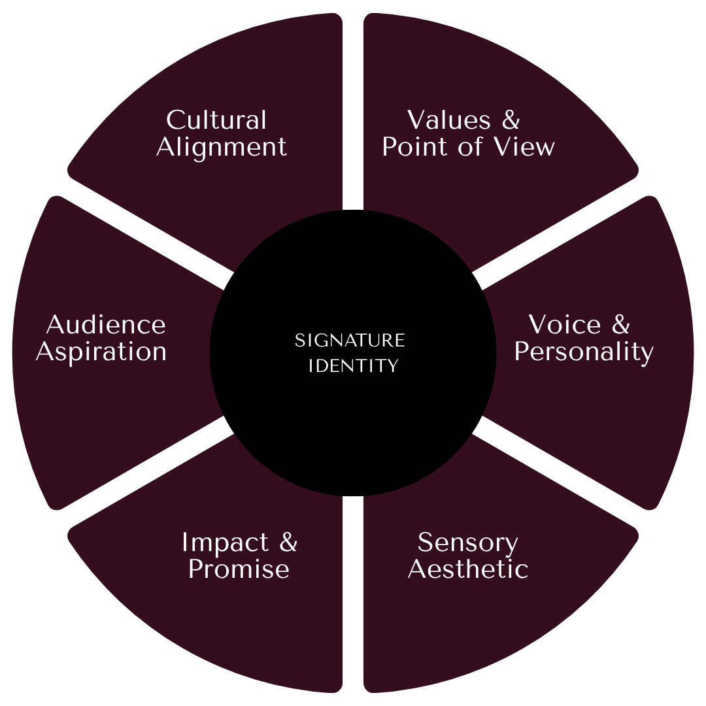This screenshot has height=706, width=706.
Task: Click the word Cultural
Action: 216,120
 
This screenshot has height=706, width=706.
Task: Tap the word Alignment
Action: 222,147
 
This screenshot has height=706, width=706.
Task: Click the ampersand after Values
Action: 511,120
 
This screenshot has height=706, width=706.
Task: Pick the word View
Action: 524,147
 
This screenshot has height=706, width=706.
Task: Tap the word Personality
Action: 584,352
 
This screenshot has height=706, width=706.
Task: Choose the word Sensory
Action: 467,543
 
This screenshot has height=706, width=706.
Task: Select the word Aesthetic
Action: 468,569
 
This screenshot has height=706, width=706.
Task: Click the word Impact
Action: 225,543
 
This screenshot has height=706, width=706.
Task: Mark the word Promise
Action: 239,569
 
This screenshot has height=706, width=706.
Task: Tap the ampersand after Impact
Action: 288,543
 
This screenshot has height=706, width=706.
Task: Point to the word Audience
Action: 106,325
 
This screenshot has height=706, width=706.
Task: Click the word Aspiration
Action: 101,352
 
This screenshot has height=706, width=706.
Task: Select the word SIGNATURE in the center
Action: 350,341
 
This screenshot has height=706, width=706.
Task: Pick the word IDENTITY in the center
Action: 353,366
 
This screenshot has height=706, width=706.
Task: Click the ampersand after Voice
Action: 621,325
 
